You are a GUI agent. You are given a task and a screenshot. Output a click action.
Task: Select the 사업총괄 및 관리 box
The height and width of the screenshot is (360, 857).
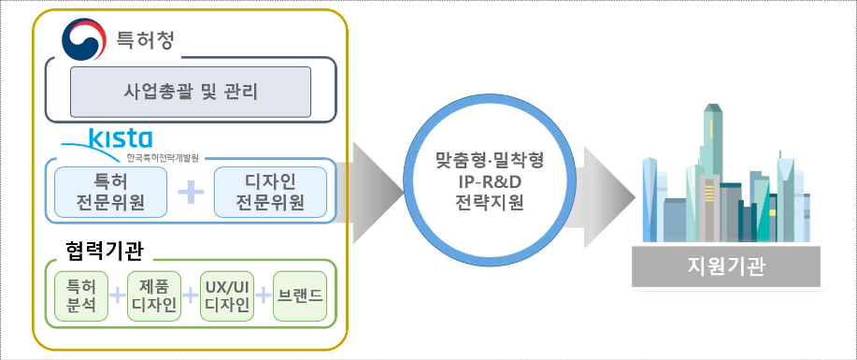tap(191, 92)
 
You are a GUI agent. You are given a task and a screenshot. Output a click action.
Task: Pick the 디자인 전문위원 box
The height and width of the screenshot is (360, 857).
tap(271, 191)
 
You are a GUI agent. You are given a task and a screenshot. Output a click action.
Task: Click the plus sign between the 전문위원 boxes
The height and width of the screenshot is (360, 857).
tap(191, 191)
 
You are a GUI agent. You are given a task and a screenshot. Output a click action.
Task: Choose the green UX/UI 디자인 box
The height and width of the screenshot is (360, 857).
tap(224, 296)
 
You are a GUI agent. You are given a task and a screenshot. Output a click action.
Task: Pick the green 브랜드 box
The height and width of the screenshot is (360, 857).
tap(299, 296)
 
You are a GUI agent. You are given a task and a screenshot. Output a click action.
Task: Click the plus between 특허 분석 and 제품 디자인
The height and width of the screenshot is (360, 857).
tap(116, 296)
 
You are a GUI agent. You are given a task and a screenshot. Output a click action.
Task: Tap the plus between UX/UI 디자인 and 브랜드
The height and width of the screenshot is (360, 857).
tap(264, 296)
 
